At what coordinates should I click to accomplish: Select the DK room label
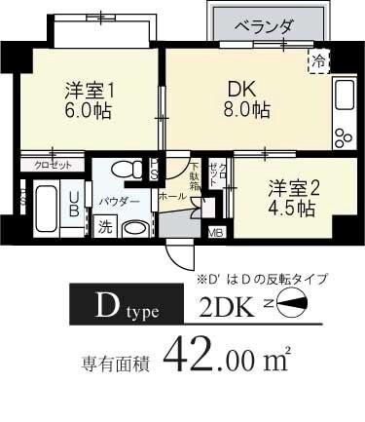tap(242, 88)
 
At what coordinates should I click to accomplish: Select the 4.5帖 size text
tap(292, 209)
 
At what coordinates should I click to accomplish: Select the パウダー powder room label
tap(120, 201)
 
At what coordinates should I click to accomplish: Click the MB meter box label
tap(216, 232)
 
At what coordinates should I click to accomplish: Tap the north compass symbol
tap(291, 312)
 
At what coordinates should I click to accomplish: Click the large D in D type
tap(104, 311)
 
